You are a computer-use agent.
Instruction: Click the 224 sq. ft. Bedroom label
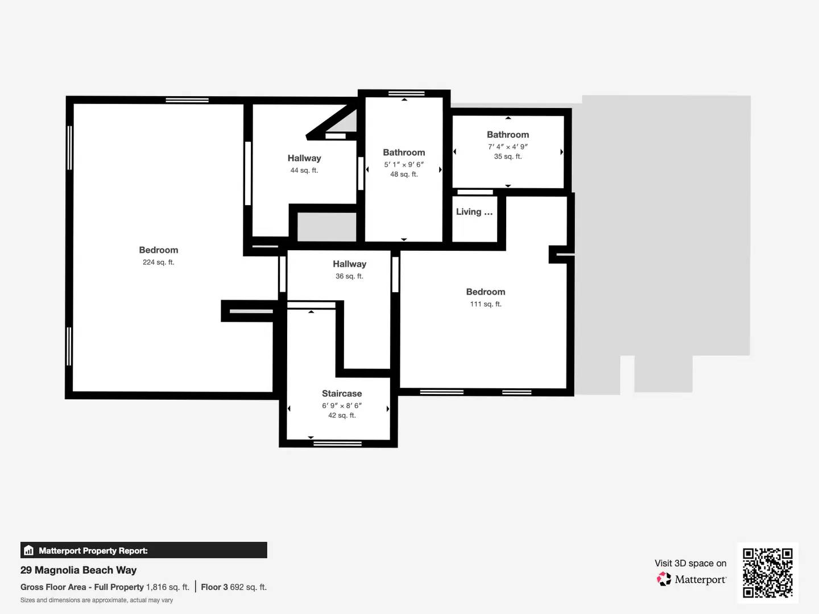[x=159, y=250]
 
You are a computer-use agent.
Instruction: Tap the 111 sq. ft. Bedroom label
[x=486, y=292]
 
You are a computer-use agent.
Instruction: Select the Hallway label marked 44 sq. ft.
[x=304, y=158]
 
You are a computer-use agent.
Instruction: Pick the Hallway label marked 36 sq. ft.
[x=349, y=264]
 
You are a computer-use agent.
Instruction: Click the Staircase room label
[x=342, y=393]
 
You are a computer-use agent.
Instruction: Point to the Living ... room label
[x=474, y=211]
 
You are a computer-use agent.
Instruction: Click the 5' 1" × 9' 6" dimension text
[x=404, y=164]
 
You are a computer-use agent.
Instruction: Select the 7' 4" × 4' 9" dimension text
[x=508, y=146]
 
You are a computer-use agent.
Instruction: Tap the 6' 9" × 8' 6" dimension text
[x=342, y=405]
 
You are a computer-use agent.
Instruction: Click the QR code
[x=768, y=573]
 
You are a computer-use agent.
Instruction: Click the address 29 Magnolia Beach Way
[x=78, y=570]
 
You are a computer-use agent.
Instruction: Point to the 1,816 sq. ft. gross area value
[x=168, y=587]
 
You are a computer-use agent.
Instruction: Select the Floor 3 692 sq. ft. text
[x=234, y=587]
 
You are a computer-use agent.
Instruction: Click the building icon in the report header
[x=28, y=550]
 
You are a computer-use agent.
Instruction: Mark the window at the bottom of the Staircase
[x=338, y=443]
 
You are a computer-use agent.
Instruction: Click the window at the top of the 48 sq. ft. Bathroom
[x=406, y=93]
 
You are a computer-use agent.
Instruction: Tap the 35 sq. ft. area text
[x=508, y=156]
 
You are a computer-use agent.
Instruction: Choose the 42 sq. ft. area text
[x=342, y=416]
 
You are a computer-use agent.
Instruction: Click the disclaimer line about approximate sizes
[x=97, y=600]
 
